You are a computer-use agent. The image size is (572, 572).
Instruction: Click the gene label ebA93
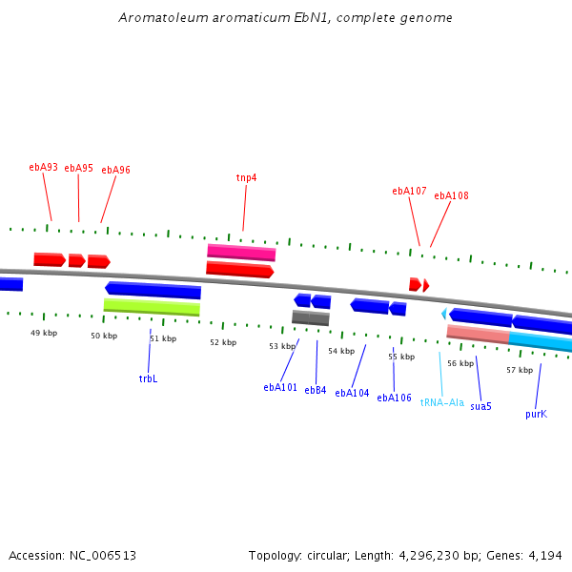(x=43, y=167)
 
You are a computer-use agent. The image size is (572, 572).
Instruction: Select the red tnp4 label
(x=246, y=177)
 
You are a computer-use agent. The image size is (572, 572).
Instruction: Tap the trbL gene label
(x=148, y=378)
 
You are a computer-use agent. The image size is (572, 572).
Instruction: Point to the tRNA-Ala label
(x=442, y=402)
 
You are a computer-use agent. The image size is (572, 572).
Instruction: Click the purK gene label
(x=536, y=414)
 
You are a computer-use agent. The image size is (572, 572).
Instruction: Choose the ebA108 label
(x=451, y=195)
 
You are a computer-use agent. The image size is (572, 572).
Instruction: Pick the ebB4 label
(x=316, y=390)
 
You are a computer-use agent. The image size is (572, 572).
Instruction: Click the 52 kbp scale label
(x=223, y=342)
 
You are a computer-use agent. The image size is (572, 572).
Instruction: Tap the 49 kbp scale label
(x=44, y=333)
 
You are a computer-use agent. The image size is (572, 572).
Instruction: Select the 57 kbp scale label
(x=520, y=370)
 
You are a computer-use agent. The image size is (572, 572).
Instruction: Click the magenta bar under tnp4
(x=241, y=253)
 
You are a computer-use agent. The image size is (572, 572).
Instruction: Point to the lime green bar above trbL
(x=152, y=307)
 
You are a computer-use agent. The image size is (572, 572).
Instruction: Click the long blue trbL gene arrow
(x=153, y=290)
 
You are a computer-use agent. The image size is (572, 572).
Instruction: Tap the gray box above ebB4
(x=311, y=318)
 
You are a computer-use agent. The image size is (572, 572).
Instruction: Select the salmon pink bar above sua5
(x=478, y=334)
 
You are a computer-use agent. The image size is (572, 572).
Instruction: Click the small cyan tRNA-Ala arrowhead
(x=443, y=314)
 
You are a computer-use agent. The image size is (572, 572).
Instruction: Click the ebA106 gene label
(x=394, y=398)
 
